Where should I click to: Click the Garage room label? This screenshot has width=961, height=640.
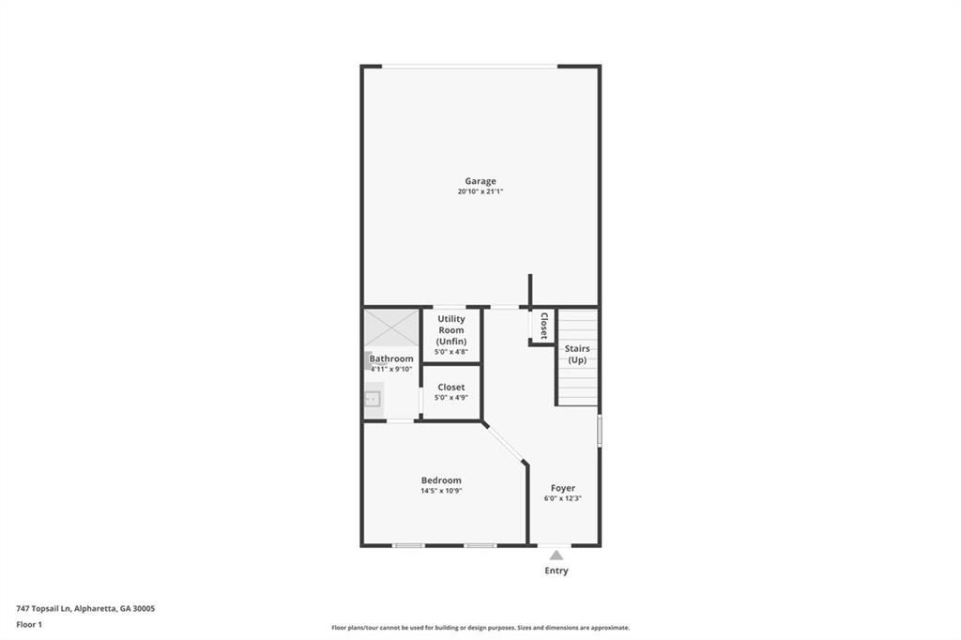tap(480, 181)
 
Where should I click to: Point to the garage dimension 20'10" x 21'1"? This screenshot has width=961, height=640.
tap(480, 191)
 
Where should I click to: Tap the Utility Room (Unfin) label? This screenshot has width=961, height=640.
tap(451, 329)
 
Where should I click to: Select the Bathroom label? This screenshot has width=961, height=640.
tap(391, 358)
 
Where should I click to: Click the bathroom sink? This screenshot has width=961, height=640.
tap(373, 400)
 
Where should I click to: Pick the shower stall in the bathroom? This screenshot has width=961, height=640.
tap(391, 328)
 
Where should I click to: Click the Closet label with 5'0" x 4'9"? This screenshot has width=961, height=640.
tap(451, 388)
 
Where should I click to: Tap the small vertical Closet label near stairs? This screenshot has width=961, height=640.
tap(543, 326)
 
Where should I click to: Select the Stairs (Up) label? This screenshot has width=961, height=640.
tap(577, 354)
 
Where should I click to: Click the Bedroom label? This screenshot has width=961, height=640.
tap(441, 480)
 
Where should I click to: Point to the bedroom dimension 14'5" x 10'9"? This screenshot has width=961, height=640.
tap(441, 491)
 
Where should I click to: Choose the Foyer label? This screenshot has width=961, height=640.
tap(563, 488)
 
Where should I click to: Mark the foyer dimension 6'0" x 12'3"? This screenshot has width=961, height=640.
tap(563, 498)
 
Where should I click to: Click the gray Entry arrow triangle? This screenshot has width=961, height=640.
tap(556, 556)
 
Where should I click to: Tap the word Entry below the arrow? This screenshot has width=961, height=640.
tap(557, 571)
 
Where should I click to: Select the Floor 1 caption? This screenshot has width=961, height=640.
tap(29, 625)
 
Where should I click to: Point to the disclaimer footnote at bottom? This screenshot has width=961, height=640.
tap(480, 628)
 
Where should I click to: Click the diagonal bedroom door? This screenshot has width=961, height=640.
tap(504, 443)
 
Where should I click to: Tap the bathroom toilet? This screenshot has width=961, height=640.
tap(371, 360)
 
